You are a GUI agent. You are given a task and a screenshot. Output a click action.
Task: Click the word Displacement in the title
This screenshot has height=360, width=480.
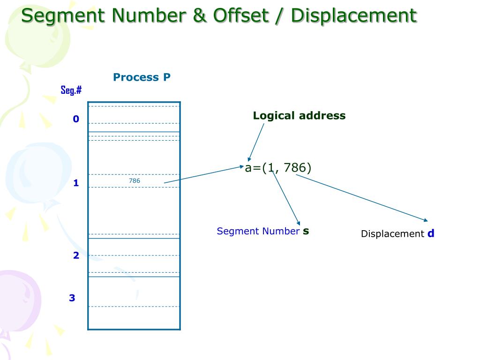tap(353, 15)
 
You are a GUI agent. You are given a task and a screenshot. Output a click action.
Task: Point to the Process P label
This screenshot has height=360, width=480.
tap(142, 77)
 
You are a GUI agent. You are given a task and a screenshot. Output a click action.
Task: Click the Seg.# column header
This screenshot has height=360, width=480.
tap(71, 90)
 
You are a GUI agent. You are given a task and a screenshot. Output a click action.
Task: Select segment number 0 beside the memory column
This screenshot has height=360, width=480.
tap(76, 119)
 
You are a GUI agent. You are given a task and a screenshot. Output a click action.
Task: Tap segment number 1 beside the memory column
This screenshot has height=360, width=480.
tap(76, 183)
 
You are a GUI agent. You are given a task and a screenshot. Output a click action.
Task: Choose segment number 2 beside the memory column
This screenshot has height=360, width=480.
tap(76, 255)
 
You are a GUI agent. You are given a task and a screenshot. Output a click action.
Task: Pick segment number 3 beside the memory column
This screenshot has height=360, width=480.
tap(72, 298)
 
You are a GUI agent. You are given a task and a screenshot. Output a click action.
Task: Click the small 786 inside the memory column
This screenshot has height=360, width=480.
tap(135, 180)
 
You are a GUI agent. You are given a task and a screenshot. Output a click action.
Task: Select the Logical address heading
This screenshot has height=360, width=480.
tap(299, 116)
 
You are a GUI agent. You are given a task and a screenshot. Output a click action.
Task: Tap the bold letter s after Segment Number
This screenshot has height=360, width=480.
tap(306, 231)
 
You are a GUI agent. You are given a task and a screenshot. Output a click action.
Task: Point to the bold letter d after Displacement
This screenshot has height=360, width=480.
tap(431, 233)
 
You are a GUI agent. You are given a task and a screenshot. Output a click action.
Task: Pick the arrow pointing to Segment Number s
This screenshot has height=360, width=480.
tap(285, 197)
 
